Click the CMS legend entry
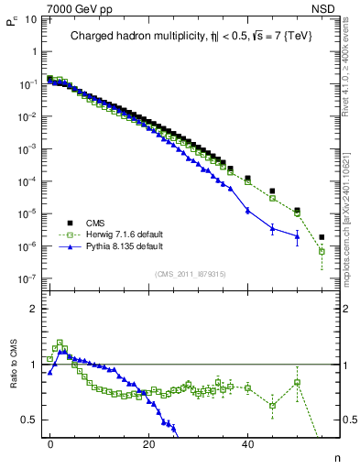(93, 222)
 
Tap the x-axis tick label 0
(50, 443)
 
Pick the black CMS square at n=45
(272, 191)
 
